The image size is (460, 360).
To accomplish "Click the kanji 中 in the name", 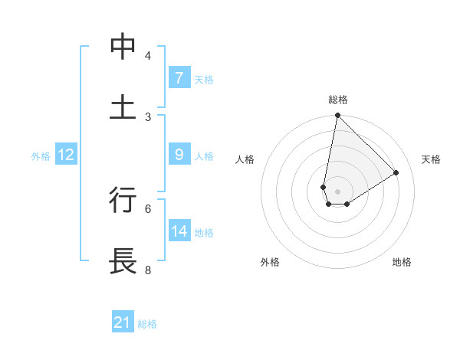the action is (x=123, y=47).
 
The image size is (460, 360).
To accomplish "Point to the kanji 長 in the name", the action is (x=123, y=260).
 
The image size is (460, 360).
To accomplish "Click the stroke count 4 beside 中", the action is (x=148, y=56).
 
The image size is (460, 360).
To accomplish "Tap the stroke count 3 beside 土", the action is (x=148, y=116).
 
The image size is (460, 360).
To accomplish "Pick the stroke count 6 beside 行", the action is (x=148, y=208).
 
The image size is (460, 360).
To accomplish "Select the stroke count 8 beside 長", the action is (x=148, y=270).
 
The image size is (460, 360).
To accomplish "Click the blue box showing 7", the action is (x=179, y=78).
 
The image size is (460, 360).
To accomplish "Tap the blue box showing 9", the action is (x=179, y=155).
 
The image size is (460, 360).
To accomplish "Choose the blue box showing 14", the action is (x=179, y=231).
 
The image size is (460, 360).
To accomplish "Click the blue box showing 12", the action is (x=66, y=155).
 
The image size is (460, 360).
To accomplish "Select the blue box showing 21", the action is (x=123, y=322).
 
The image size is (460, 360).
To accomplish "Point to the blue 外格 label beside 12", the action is (x=41, y=155).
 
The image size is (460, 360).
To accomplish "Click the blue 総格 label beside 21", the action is (x=147, y=323).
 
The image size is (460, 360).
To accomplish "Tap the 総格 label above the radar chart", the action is (x=338, y=100).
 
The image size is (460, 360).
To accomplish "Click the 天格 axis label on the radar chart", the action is (x=431, y=159).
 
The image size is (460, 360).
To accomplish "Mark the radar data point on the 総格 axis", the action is (x=337, y=116).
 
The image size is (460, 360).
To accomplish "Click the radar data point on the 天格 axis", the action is (x=396, y=172).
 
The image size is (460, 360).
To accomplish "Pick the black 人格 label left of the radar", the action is (x=245, y=159).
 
